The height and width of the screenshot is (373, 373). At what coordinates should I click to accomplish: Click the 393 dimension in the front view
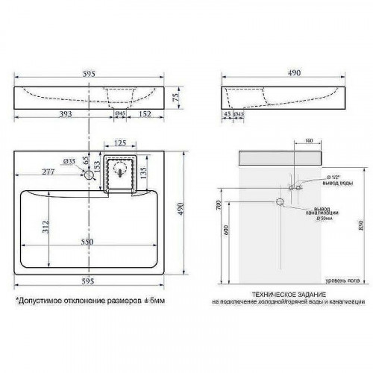[x=51, y=114]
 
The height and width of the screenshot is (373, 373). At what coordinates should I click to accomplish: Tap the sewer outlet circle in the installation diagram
[x=280, y=202]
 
